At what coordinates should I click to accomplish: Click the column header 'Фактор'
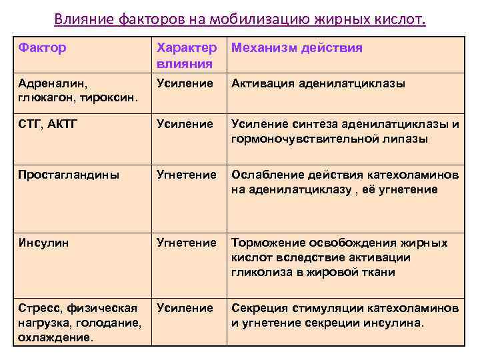43,49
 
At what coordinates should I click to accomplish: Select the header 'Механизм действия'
297,49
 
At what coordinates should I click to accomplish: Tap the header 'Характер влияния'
186,56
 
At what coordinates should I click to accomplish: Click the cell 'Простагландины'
69,175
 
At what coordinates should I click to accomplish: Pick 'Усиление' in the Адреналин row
185,84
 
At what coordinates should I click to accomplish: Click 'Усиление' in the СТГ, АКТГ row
185,125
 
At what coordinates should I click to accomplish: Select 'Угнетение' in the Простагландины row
186,175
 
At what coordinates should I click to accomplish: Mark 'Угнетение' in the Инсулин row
186,243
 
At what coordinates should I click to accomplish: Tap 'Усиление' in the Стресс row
185,309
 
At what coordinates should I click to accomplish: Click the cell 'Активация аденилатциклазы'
319,84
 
